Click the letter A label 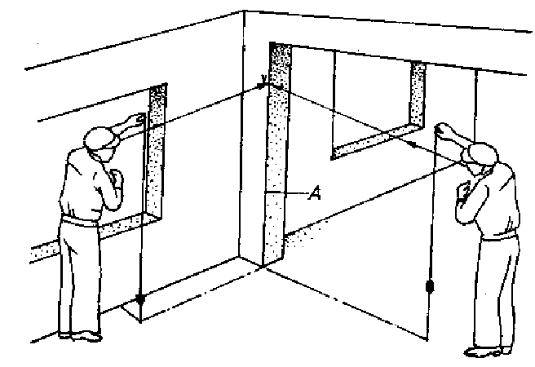(315, 193)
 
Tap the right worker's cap (482, 153)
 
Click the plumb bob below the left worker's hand (140, 299)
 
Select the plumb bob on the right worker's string (430, 286)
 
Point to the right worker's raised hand (443, 129)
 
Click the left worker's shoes (81, 336)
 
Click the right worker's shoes (488, 352)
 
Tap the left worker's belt (79, 221)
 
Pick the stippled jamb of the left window (157, 150)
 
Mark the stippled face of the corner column (276, 153)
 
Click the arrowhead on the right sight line (413, 144)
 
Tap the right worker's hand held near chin (465, 192)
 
